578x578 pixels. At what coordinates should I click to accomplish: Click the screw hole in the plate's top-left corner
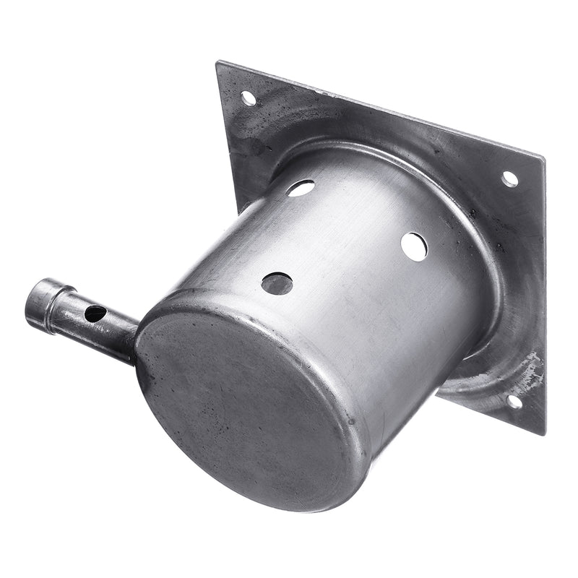pyautogui.click(x=248, y=97)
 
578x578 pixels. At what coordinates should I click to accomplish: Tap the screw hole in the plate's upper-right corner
pyautogui.click(x=509, y=178)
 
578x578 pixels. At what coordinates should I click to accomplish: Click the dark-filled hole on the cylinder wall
pyautogui.click(x=277, y=283)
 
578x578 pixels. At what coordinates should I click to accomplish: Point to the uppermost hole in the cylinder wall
pyautogui.click(x=301, y=188)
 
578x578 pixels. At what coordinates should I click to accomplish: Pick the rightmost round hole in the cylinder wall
pyautogui.click(x=414, y=246)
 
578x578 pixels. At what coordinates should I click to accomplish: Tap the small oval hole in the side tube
pyautogui.click(x=95, y=314)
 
